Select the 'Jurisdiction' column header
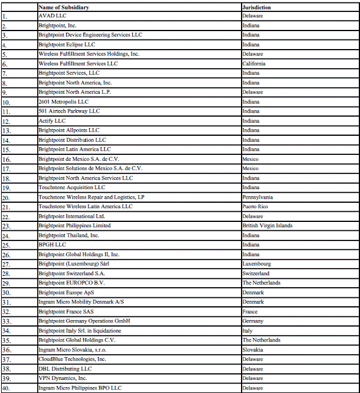(257, 7)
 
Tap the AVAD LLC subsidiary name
(52, 16)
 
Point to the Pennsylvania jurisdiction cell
(258, 197)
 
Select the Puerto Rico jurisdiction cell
(255, 206)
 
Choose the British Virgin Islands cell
(267, 226)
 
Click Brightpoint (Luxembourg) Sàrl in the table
(66, 264)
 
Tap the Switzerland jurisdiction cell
(256, 273)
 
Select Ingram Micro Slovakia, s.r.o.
(68, 349)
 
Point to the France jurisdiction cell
(250, 312)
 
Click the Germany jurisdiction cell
(252, 321)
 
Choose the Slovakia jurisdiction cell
(252, 349)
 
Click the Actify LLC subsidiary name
(52, 121)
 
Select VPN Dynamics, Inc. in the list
(62, 378)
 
